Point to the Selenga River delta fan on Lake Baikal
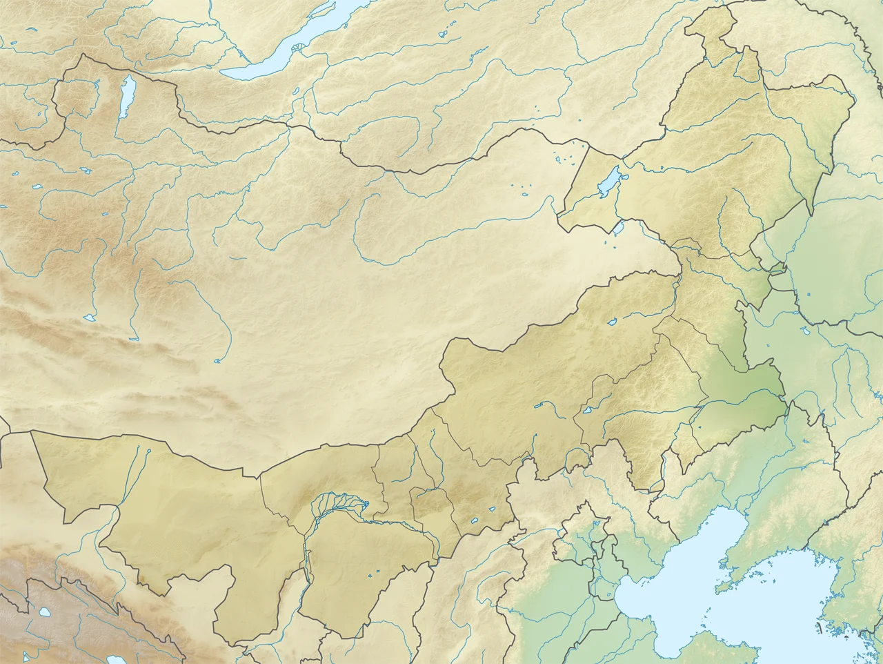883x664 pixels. pyautogui.click(x=298, y=48)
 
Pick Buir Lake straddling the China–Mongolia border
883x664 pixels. pyautogui.click(x=619, y=226)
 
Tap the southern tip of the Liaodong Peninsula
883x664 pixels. pyautogui.click(x=722, y=587)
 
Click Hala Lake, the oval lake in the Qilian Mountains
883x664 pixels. pyautogui.click(x=44, y=612)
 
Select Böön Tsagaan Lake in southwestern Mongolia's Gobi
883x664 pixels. pyautogui.click(x=90, y=318)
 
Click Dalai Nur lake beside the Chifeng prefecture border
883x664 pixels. pyautogui.click(x=588, y=409)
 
